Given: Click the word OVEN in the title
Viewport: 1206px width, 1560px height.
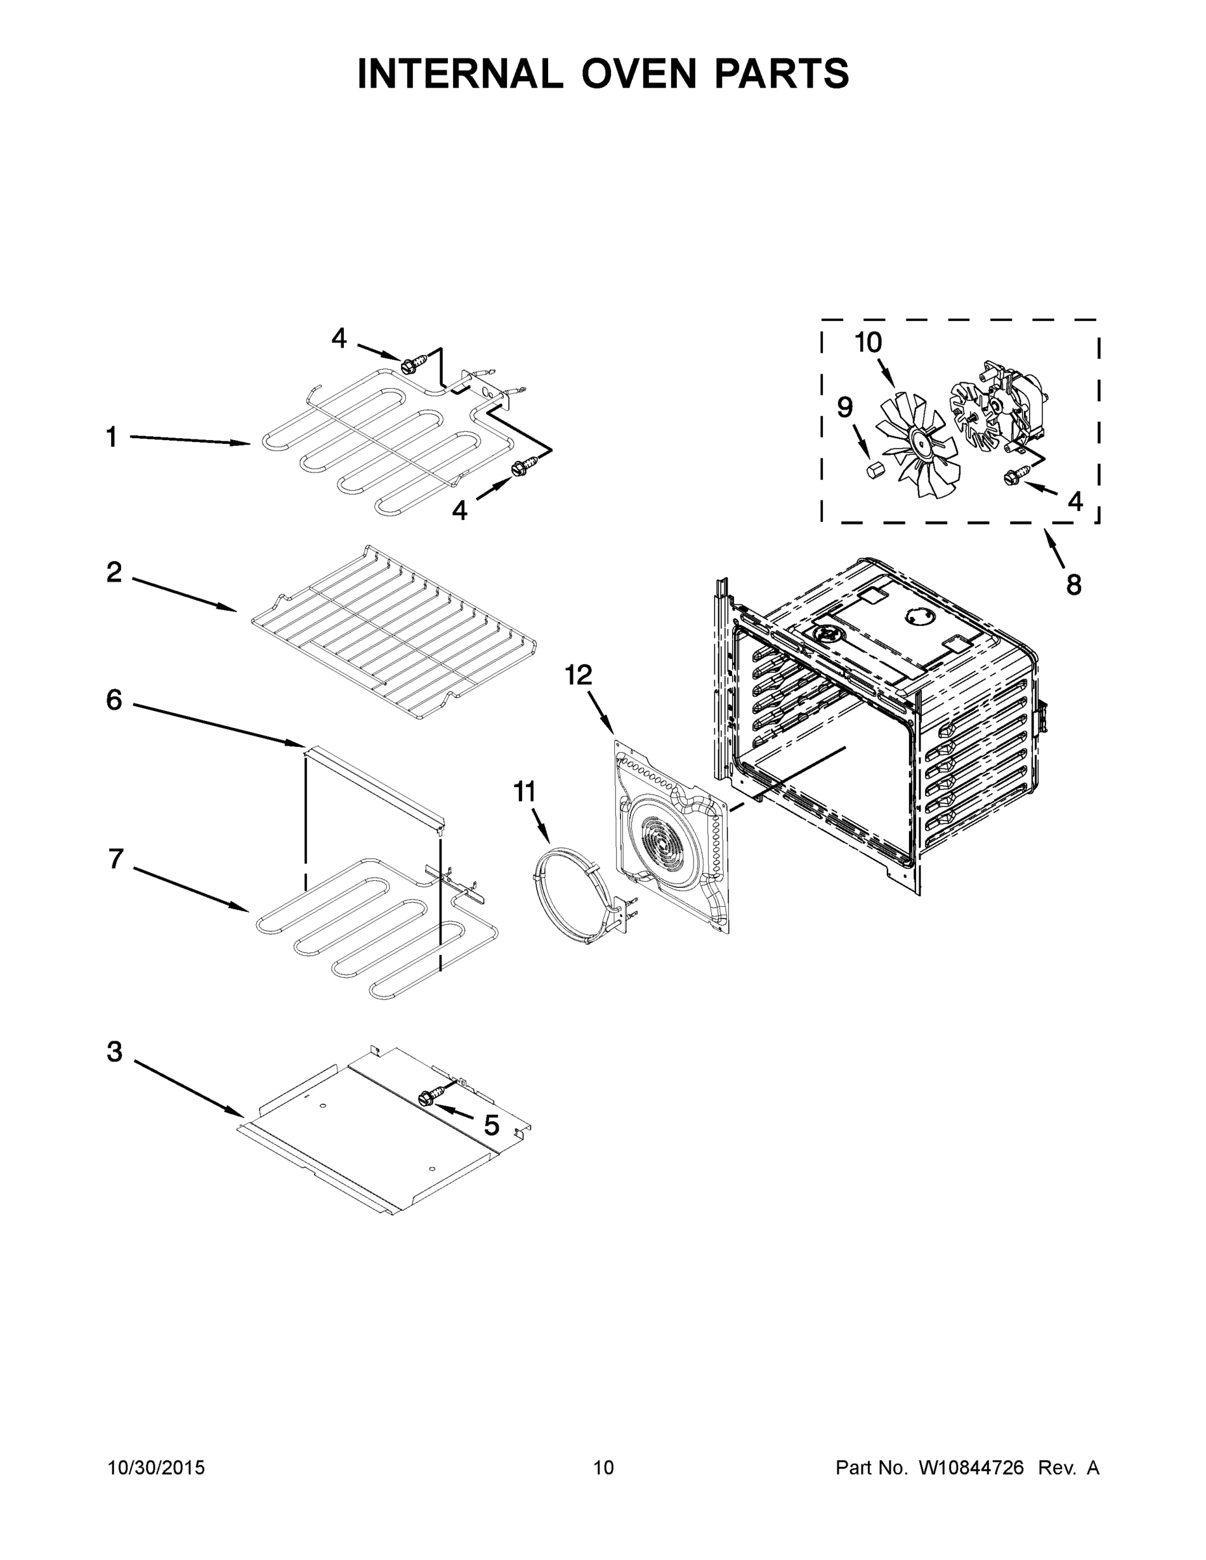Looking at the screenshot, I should [x=638, y=73].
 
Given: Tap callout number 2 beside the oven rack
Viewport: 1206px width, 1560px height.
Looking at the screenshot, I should [x=114, y=572].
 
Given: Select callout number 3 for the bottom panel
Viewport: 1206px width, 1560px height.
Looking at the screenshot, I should [x=115, y=1052].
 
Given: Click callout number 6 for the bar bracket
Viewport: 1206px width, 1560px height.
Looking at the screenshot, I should [x=114, y=700].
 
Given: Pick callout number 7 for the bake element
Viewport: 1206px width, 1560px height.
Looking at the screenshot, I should [x=116, y=859].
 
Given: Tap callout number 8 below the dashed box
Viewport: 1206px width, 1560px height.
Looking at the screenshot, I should [x=1074, y=585].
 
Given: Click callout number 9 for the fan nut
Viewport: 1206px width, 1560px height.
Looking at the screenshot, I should [x=845, y=408].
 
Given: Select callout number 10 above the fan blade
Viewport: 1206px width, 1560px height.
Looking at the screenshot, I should [x=869, y=343].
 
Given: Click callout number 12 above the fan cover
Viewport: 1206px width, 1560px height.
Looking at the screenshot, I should [x=579, y=674].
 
